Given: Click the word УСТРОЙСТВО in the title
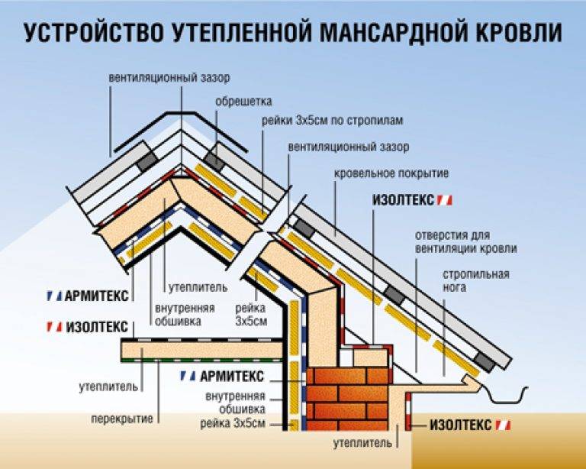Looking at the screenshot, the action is [93, 33].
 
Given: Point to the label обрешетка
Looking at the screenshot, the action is [243, 102].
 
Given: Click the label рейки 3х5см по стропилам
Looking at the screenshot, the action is [332, 121].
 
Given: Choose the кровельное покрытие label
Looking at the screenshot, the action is [391, 173].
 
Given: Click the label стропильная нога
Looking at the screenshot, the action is [476, 280].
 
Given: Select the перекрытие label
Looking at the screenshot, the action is [122, 419].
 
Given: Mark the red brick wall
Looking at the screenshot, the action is [348, 399].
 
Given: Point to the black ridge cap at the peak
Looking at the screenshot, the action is [181, 131].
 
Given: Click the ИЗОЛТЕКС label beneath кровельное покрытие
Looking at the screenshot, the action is [412, 200].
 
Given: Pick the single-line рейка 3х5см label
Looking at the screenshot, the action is [233, 423].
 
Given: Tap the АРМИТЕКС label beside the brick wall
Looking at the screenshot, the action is [222, 376].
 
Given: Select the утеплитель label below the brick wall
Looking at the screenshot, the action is [362, 443].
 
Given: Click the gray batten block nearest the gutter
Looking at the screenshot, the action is [485, 361].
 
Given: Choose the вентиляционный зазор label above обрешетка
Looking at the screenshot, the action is [169, 78].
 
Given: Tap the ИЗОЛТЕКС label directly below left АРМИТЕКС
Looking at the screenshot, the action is [88, 327].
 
